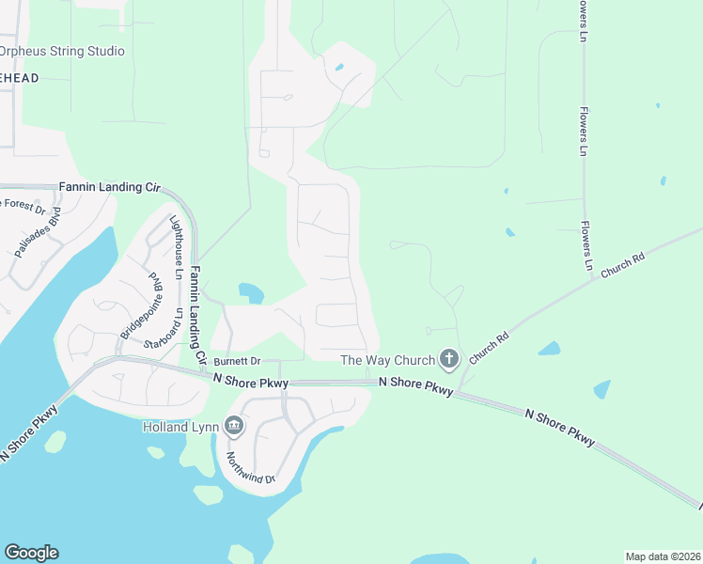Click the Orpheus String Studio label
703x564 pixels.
point(62,51)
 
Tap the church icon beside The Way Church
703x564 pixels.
point(449,358)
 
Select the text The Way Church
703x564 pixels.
point(387,360)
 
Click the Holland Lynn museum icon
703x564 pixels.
point(233,428)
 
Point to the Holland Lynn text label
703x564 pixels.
point(180,428)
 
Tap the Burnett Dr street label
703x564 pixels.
point(236,361)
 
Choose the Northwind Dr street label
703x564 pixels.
point(250,466)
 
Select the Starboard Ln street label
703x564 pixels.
point(175,326)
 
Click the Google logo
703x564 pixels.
point(31,553)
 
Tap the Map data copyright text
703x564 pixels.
point(663,556)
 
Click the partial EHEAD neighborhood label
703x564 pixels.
point(19,78)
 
